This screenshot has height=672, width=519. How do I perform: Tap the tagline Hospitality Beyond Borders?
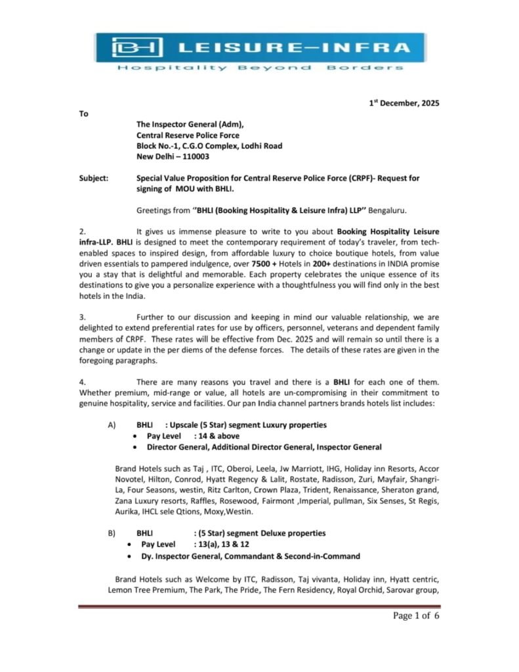[260, 68]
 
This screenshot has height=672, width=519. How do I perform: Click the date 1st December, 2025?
[403, 103]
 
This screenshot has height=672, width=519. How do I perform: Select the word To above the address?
[84, 114]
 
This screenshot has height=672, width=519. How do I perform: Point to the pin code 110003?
[195, 156]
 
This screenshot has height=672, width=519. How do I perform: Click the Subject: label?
[94, 178]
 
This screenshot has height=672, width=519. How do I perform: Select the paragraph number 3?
[83, 317]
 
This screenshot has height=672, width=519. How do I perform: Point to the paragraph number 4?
[83, 381]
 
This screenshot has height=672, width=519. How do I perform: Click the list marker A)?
[112, 425]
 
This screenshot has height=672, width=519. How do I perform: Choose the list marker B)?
[112, 533]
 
